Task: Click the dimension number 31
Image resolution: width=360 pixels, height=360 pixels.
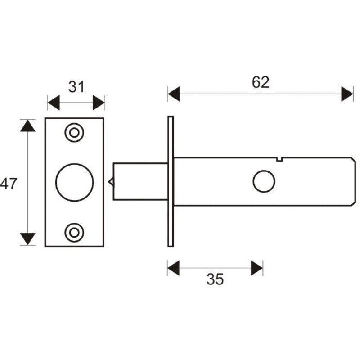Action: tap(76, 86)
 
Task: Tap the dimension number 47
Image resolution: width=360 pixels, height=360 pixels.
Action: tap(9, 184)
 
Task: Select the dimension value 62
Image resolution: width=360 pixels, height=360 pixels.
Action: tap(260, 82)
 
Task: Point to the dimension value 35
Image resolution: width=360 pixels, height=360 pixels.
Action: tap(215, 279)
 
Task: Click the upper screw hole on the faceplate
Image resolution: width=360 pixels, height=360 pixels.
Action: tap(74, 133)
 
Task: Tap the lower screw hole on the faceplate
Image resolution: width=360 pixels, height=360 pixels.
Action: tap(74, 232)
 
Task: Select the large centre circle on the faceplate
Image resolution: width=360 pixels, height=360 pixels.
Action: tap(74, 182)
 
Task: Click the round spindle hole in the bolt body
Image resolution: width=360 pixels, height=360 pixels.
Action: tap(264, 182)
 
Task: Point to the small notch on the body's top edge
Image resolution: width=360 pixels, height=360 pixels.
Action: tap(279, 158)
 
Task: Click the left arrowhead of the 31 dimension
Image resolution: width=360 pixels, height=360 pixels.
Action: tap(53, 103)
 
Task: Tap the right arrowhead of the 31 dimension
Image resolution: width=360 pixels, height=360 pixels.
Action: tap(99, 103)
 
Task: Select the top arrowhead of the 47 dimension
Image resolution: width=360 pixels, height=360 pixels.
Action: tap(28, 125)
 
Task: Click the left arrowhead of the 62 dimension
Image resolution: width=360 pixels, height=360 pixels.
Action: tap(174, 94)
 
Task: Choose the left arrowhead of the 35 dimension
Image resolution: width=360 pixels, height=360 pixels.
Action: tap(173, 268)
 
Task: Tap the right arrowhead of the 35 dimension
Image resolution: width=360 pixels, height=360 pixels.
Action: tap(257, 268)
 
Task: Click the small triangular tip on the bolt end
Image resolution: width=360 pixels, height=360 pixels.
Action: tap(111, 182)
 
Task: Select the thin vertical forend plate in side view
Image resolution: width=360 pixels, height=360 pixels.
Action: tap(171, 181)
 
